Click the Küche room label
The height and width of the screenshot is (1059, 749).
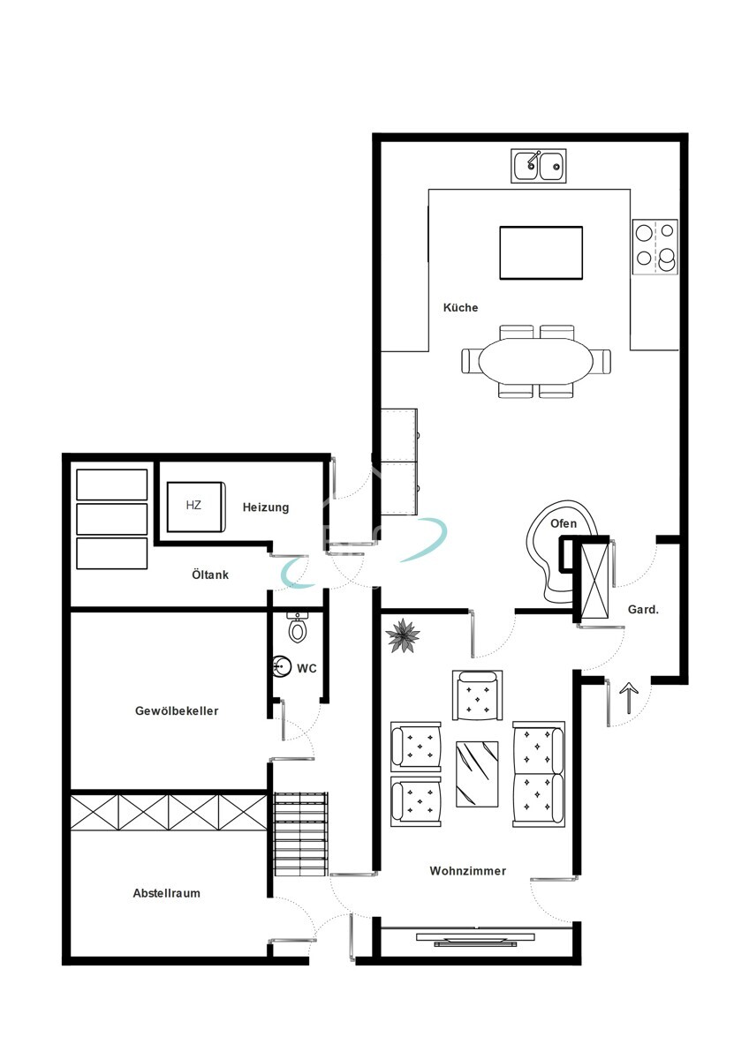click(x=460, y=307)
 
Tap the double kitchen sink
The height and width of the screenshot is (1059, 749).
click(x=539, y=166)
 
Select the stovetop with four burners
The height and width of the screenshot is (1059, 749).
click(x=655, y=247)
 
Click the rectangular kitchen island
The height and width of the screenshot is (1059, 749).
click(x=541, y=252)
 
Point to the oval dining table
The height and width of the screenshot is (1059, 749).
click(x=536, y=361)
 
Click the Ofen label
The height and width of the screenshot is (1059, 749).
click(x=564, y=523)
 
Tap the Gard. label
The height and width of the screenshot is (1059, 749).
click(x=643, y=610)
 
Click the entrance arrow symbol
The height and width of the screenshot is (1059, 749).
click(x=629, y=697)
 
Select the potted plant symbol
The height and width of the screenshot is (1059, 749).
click(x=403, y=635)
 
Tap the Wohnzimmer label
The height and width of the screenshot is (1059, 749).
click(x=468, y=870)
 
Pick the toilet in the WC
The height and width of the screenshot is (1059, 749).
click(x=298, y=627)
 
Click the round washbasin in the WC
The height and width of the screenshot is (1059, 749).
click(x=282, y=666)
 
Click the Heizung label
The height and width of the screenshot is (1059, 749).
click(x=266, y=507)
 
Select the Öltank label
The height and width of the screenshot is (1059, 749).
click(x=210, y=575)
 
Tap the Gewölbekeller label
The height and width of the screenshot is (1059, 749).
click(x=177, y=710)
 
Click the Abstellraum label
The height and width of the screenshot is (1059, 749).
click(x=167, y=893)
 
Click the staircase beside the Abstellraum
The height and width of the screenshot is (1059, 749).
click(x=301, y=834)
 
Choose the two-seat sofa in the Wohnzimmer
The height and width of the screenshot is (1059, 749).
click(x=539, y=774)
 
